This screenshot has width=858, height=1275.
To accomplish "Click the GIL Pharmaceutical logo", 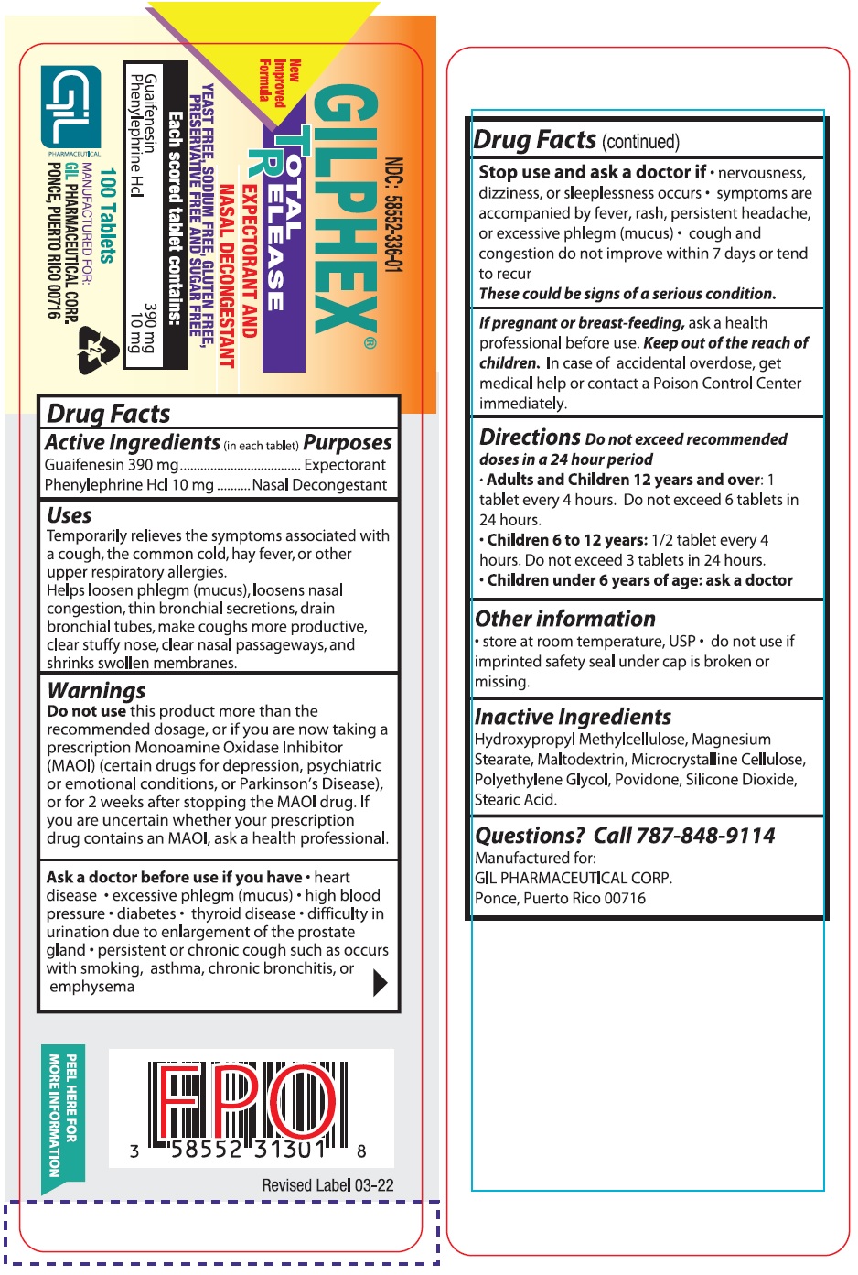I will coord(71,106).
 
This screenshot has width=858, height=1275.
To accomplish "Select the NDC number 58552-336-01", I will coord(394,215).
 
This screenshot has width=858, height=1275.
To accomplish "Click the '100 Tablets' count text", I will coord(108,215).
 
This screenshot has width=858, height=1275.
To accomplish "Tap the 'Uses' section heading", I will coord(70,515).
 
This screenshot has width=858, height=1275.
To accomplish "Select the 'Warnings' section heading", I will coord(96,690).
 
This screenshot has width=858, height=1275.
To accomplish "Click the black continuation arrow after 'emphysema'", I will coord(381,982).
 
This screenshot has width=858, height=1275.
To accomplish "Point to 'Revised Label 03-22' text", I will coord(327,1185).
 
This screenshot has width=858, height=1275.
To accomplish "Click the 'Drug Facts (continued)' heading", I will coord(576,141).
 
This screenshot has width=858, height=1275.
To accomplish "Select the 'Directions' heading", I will coord(530,438).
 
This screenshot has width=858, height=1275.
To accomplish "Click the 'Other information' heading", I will coord(565,619).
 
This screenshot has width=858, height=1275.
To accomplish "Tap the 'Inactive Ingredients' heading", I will coord(573,717).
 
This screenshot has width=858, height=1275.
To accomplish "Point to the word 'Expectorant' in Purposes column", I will coord(345,465).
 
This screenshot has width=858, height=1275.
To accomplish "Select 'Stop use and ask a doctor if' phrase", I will coord(592,172).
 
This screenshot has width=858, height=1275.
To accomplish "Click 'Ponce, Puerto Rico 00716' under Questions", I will coord(560,898).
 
